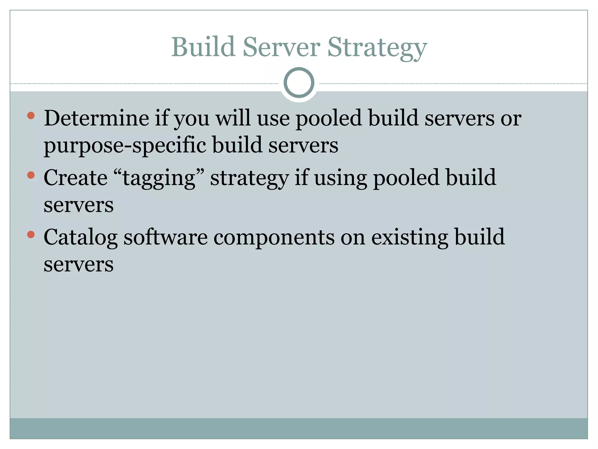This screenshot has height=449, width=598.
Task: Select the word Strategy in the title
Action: coord(377,48)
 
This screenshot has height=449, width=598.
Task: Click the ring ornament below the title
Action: coord(299,82)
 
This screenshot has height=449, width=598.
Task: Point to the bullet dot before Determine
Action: coord(31,115)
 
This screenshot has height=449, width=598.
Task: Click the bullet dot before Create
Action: coord(31,175)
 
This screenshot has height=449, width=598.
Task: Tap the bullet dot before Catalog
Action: coord(31,234)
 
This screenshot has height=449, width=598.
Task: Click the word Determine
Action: coord(96,118)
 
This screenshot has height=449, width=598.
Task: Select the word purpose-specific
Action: coord(125,146)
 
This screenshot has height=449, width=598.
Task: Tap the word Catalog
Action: coord(80,237)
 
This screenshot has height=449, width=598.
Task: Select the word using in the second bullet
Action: coord(340,178)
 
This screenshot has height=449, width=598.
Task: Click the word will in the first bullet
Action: coord(233,118)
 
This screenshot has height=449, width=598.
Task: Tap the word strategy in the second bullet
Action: coord(249,178)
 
